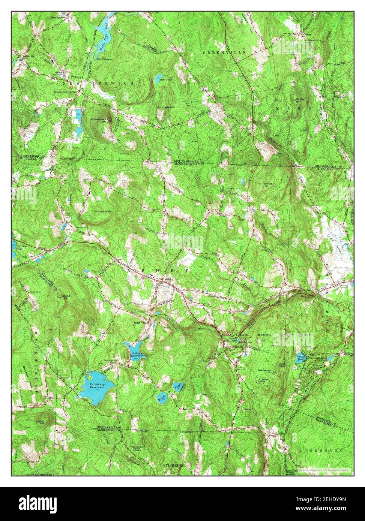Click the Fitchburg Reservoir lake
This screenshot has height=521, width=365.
pyautogui.click(x=97, y=386)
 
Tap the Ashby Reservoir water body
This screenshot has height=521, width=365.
pyautogui.click(x=136, y=351)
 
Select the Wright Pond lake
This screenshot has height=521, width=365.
pyautogui.click(x=162, y=398)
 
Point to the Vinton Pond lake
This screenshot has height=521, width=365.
pyautogui.click(x=302, y=359)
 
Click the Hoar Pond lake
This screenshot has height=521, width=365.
pyautogui.click(x=157, y=79)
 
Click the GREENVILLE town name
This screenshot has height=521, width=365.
pyautogui.click(x=224, y=53)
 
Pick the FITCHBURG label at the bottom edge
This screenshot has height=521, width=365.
pyautogui.click(x=174, y=465)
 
